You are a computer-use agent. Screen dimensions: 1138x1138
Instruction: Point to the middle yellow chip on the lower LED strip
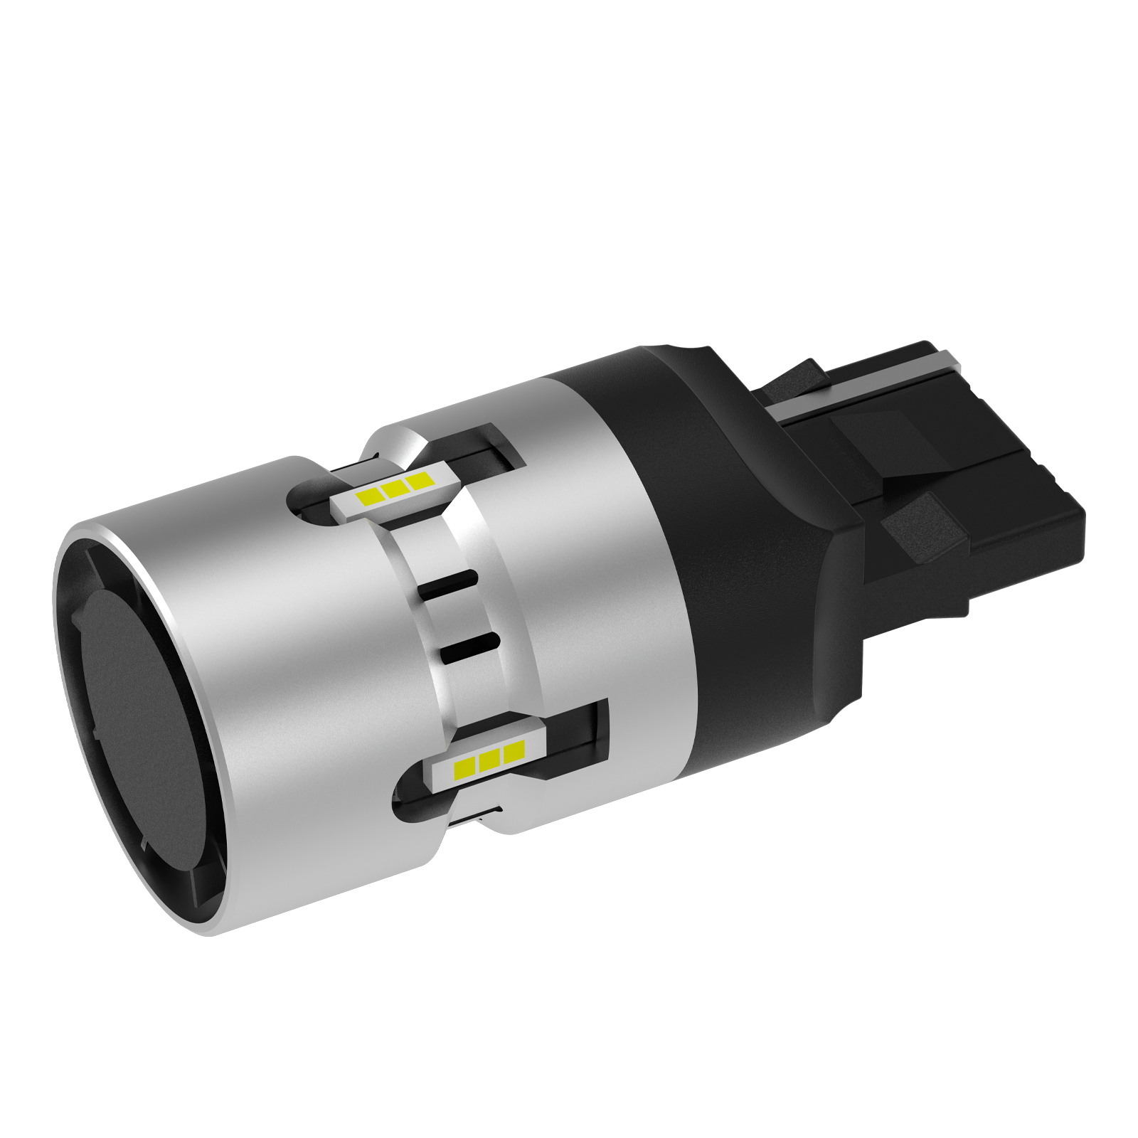coord(489,760)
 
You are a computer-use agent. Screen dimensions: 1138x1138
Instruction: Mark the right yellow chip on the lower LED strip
coord(514,753)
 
